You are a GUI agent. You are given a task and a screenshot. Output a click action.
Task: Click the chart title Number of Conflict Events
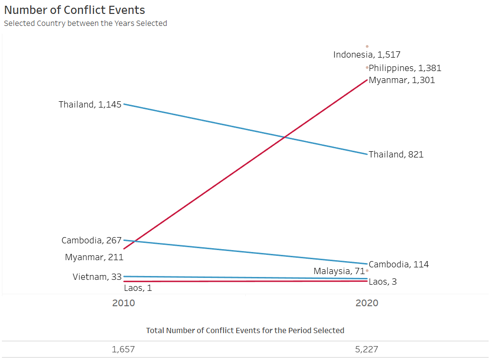[74, 10]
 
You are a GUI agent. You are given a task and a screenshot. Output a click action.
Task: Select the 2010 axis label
[123, 303]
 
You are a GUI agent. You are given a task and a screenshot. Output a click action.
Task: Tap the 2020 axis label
[367, 303]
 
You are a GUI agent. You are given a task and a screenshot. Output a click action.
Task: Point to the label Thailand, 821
[396, 155]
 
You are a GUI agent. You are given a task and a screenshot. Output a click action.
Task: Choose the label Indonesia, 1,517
[367, 55]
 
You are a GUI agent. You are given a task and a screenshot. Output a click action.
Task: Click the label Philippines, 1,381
[405, 68]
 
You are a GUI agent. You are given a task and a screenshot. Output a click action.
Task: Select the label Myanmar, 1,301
[402, 80]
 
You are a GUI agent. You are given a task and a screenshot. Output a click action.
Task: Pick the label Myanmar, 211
[94, 257]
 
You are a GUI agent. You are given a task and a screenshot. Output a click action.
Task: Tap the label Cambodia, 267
[91, 240]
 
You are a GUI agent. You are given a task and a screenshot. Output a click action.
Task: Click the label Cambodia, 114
[398, 264]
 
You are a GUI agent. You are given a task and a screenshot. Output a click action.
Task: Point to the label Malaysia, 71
[339, 271]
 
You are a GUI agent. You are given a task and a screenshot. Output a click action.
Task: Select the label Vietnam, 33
[97, 276]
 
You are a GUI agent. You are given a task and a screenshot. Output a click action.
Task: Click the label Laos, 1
[138, 288]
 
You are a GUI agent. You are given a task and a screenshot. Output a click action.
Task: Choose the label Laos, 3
[383, 282]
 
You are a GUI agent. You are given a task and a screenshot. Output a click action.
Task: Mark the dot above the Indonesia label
[367, 47]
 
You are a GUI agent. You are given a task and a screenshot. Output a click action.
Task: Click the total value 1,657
[123, 349]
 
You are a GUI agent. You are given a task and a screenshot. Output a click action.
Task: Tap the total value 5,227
[366, 349]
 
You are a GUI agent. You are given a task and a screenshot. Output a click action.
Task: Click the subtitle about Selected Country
[85, 23]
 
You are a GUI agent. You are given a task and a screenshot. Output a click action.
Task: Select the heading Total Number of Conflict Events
[245, 330]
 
